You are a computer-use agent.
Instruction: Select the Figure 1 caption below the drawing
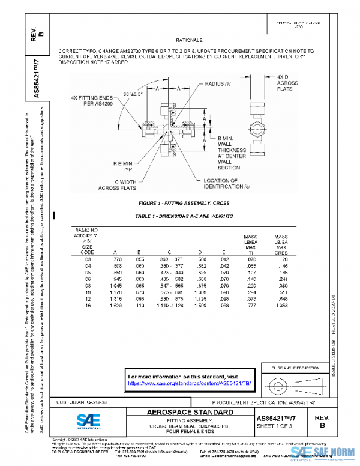click(179, 204)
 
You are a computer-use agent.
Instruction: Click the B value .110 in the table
click(138, 305)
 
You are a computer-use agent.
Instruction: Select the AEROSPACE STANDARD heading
click(190, 413)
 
